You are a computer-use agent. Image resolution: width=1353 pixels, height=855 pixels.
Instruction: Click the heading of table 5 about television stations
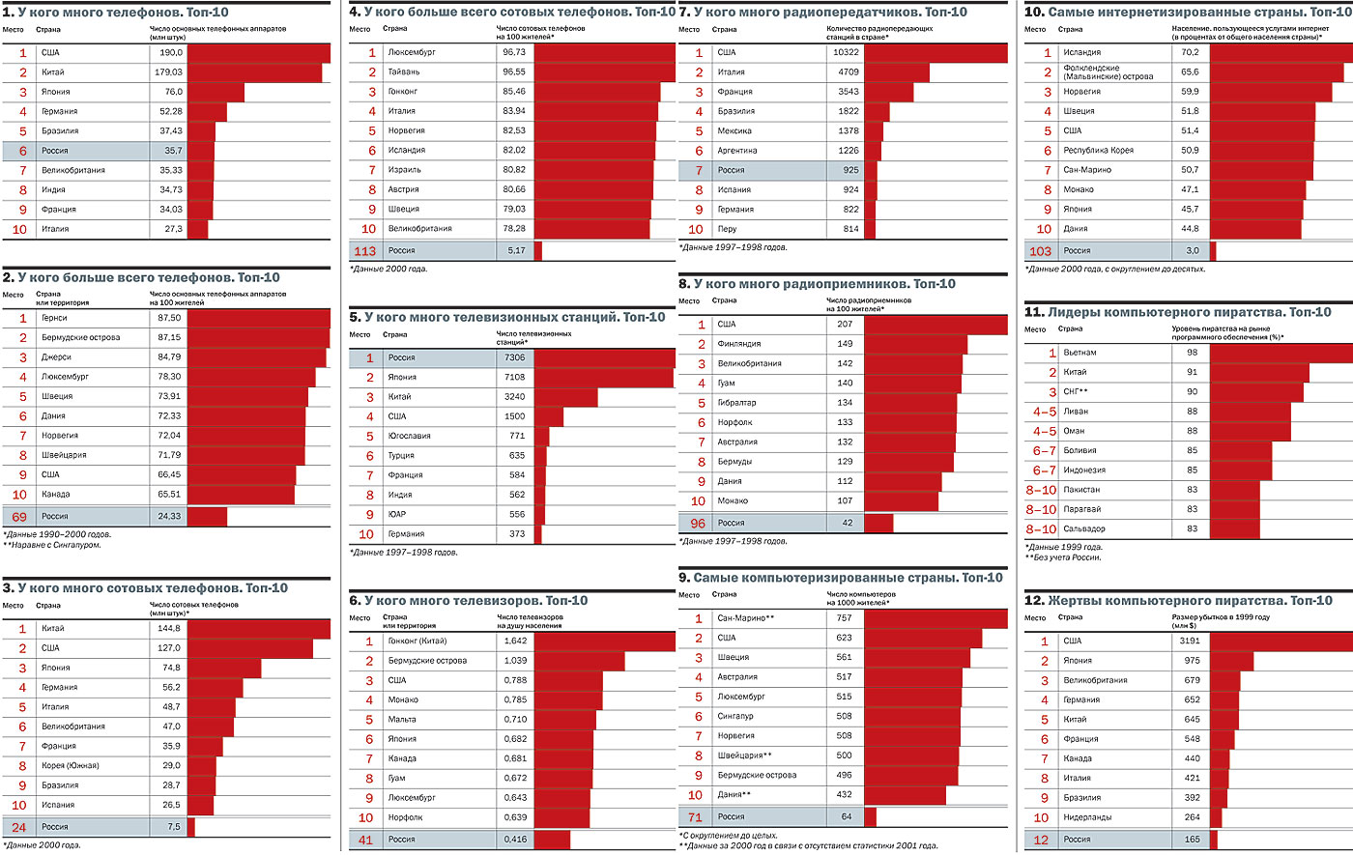(507, 317)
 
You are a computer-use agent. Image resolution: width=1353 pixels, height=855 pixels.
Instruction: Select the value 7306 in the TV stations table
(514, 357)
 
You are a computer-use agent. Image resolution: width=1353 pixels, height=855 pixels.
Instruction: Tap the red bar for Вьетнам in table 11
(1281, 353)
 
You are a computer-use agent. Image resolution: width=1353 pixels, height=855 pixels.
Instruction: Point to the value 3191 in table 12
(1190, 641)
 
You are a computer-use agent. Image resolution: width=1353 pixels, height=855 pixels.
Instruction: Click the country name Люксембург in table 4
(411, 52)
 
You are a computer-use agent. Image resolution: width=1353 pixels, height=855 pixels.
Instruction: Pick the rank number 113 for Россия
(364, 251)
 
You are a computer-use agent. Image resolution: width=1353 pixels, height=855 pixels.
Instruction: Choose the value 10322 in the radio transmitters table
(845, 52)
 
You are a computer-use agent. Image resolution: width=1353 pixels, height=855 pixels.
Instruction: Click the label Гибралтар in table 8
(736, 403)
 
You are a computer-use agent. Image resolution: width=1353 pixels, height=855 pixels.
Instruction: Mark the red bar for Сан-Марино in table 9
(936, 618)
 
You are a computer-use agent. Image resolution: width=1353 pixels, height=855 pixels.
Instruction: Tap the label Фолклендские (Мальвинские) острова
(1108, 72)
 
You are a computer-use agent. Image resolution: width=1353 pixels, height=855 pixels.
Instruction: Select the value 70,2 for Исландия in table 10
(1190, 52)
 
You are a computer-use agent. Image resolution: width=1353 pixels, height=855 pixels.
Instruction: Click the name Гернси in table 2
(54, 318)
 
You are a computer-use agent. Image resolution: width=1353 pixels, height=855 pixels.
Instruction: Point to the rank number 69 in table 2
(19, 517)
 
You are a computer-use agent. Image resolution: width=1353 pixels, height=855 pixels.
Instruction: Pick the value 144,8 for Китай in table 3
(169, 628)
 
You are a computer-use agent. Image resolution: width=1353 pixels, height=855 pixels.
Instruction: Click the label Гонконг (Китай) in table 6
(417, 641)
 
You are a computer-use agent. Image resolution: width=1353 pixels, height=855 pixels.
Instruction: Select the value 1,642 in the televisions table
(515, 641)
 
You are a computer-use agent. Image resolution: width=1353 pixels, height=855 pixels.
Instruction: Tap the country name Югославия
(409, 436)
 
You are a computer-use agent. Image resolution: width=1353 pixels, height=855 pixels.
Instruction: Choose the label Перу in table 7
(727, 229)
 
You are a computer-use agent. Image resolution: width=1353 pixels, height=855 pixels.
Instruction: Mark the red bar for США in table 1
(258, 53)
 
